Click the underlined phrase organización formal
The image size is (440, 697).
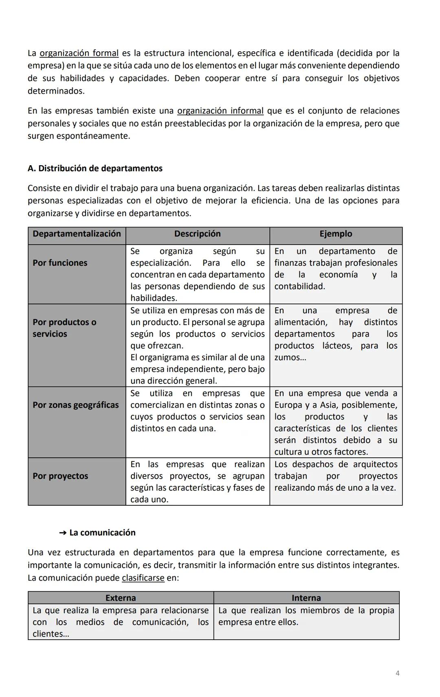(x=79, y=53)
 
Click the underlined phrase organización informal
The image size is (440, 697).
(x=220, y=111)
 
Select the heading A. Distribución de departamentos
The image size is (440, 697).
(x=95, y=168)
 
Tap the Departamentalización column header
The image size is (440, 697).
(x=77, y=234)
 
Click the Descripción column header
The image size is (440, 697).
(x=198, y=234)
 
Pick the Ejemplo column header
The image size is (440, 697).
(x=336, y=234)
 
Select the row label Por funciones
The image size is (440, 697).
(x=60, y=263)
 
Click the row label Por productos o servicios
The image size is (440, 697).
(x=64, y=328)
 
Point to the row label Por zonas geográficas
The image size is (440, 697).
(x=76, y=405)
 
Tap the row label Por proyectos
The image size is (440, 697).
(x=60, y=476)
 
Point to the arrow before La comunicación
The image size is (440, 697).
(x=63, y=533)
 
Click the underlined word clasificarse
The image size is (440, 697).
(x=143, y=578)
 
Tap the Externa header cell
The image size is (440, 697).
(x=121, y=598)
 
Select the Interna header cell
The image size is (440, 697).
(x=306, y=598)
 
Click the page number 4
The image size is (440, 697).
(x=398, y=673)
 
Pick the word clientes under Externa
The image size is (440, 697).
(x=47, y=634)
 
